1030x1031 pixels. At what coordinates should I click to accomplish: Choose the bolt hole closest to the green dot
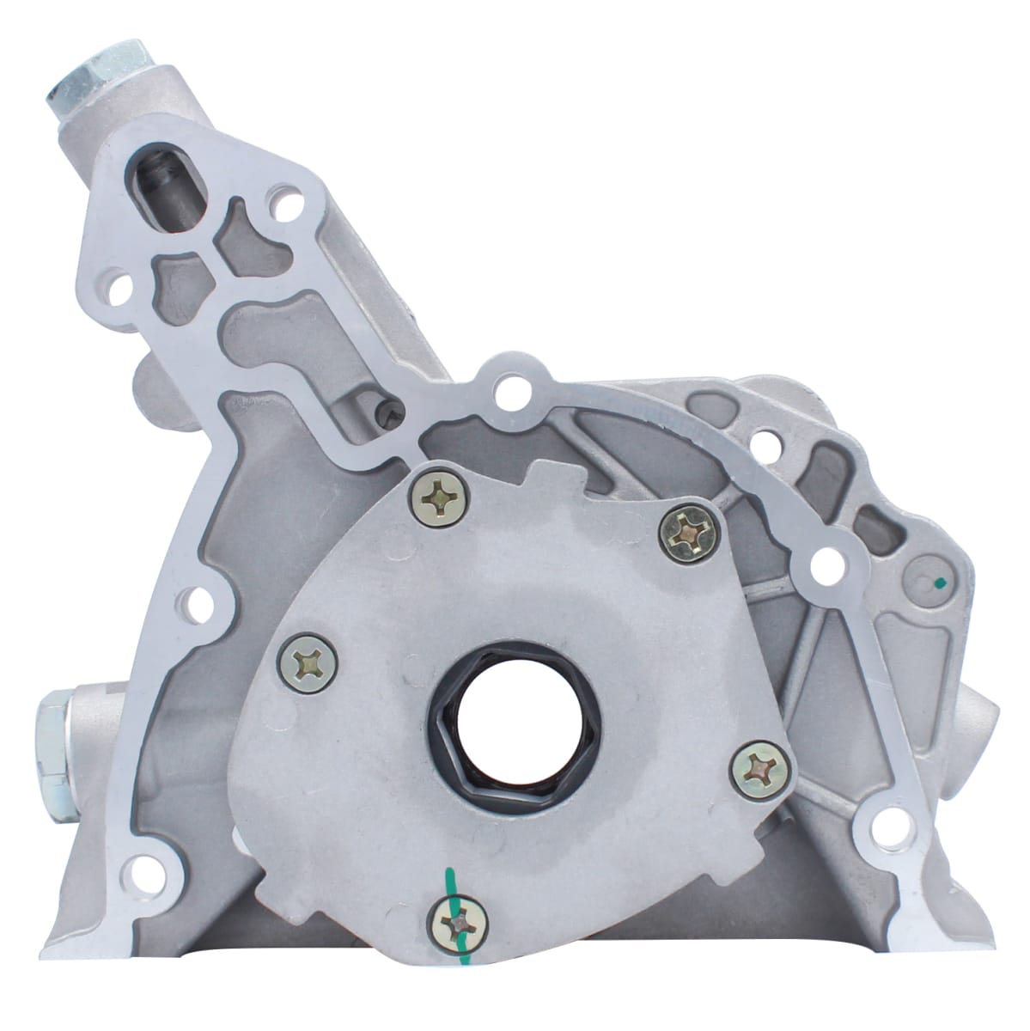tap(826, 564)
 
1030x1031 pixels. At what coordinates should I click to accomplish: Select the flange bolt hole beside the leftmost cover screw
tap(196, 602)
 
